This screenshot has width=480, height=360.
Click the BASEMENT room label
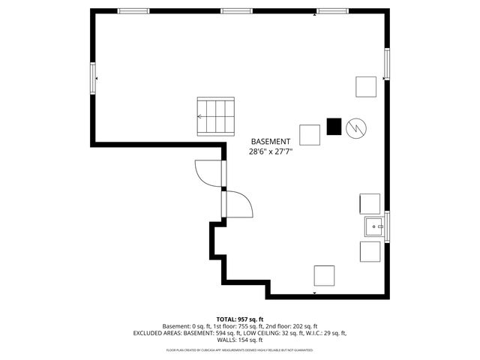pos(270,142)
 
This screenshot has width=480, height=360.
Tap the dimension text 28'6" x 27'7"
pos(270,151)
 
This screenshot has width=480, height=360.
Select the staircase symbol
pos(216,117)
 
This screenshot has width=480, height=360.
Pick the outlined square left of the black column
pos(310,134)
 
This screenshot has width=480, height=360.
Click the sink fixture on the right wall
pos(372,225)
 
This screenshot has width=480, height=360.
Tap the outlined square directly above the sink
pos(370,204)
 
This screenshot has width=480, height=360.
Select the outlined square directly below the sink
pos(370,251)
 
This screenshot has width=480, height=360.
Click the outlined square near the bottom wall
pos(324,275)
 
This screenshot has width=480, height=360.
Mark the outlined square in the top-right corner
pos(366,87)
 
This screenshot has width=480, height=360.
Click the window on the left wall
pos(93,78)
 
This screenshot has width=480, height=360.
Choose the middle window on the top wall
pos(235,11)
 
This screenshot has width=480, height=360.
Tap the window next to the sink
pos(387,225)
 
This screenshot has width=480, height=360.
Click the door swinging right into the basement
pos(238,204)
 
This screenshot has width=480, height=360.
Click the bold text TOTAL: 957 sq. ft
pos(240,319)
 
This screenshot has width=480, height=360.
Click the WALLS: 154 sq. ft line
pos(240,340)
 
